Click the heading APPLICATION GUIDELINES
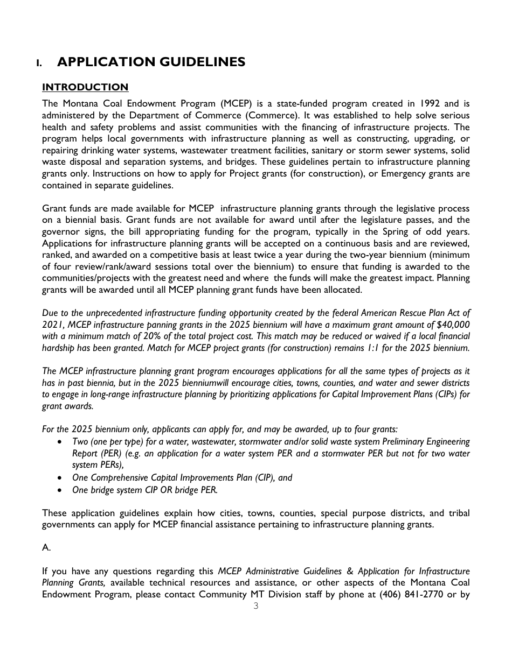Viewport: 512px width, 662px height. pyautogui.click(x=151, y=62)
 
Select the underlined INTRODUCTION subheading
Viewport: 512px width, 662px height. pyautogui.click(x=85, y=87)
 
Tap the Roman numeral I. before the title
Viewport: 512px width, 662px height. pyautogui.click(x=39, y=64)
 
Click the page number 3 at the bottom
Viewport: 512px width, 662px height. pyautogui.click(x=255, y=606)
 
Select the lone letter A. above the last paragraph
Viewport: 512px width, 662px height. pyautogui.click(x=46, y=547)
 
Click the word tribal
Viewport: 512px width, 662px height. pyautogui.click(x=457, y=513)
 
